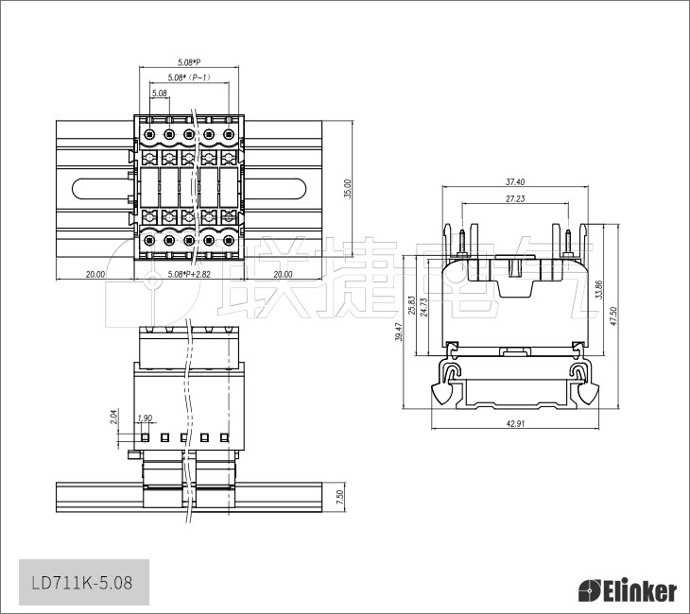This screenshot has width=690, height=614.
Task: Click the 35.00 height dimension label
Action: [348, 189]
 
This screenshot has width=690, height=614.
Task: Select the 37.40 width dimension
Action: [515, 181]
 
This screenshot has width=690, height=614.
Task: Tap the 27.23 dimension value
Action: [515, 198]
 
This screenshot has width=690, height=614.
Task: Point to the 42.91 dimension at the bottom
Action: [515, 423]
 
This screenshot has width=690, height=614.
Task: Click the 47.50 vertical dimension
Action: [613, 316]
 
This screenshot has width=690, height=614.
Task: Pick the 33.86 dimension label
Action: [598, 289]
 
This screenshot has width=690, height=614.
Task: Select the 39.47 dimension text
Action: [399, 332]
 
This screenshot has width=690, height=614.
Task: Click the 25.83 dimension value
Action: [411, 305]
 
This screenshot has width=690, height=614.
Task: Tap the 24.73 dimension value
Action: [423, 307]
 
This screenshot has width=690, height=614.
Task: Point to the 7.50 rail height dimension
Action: [339, 497]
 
